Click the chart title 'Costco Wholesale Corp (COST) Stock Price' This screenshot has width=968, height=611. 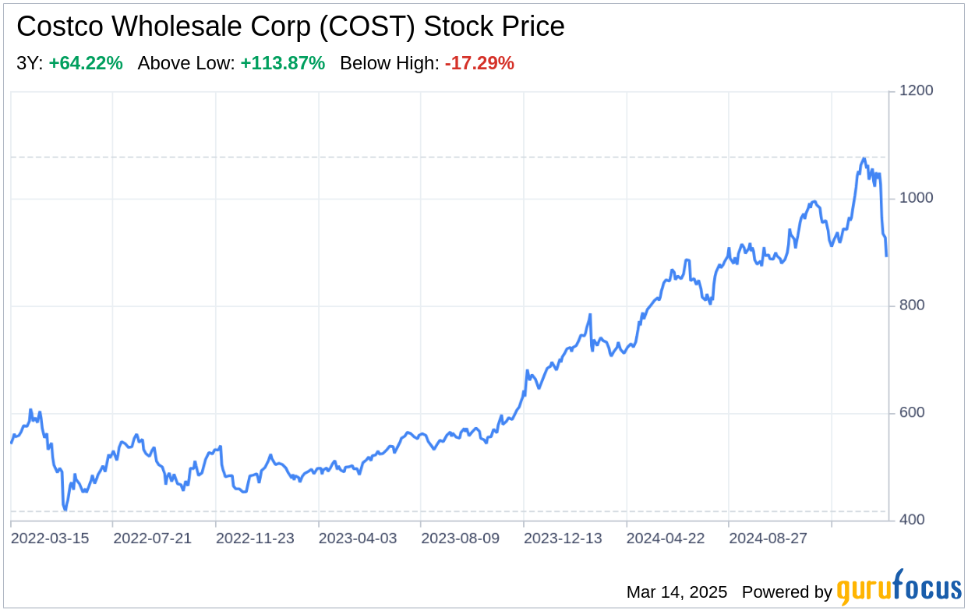point(290,26)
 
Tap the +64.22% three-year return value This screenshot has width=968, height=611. point(86,64)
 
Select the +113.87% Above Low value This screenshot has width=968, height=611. point(282,64)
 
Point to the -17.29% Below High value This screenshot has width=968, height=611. point(479,64)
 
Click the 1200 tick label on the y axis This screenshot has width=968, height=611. point(917,91)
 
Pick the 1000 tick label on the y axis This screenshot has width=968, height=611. point(917,198)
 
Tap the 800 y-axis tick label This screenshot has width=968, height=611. point(912,305)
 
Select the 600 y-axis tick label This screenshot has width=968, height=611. point(912,412)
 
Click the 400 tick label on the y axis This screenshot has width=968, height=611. point(912,520)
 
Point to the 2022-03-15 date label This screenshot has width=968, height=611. point(50,539)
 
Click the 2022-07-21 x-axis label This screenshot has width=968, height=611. point(152,539)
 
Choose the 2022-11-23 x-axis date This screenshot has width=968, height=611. point(255,539)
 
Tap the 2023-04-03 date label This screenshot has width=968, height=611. point(358,539)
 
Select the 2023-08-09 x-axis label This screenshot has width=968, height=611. point(460,539)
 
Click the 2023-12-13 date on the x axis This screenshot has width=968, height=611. point(563,539)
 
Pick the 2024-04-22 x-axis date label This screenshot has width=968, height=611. point(666,539)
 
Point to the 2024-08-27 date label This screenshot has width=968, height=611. point(768,539)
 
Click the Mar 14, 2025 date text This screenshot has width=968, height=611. point(677,592)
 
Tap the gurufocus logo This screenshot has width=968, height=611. point(899,588)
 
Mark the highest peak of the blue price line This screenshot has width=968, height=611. point(864,158)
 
